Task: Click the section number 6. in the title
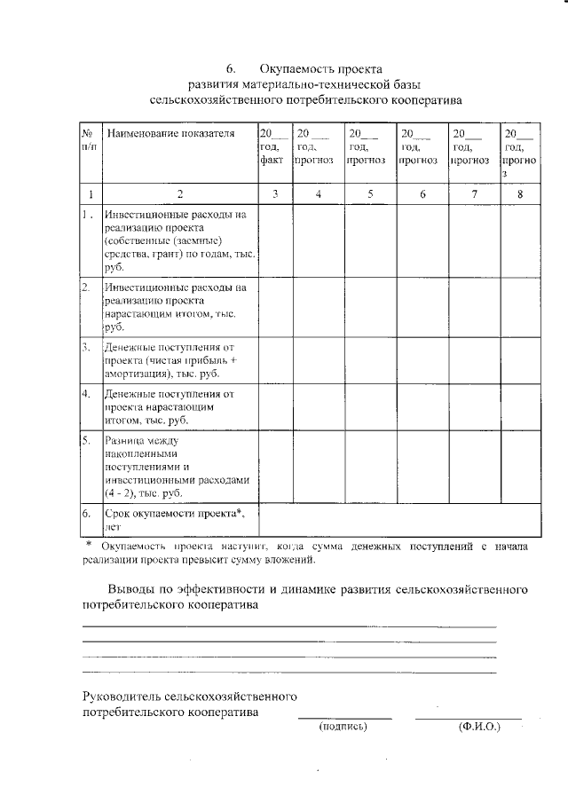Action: (x=231, y=68)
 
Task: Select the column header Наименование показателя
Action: (x=170, y=133)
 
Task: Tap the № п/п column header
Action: (x=88, y=139)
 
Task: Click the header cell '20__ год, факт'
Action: (x=271, y=147)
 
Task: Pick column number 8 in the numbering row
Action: (x=520, y=193)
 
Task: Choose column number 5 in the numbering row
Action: (x=370, y=193)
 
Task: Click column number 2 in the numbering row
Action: (x=179, y=193)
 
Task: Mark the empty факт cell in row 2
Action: (x=275, y=307)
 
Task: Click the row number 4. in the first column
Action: (x=87, y=392)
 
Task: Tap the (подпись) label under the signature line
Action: (x=343, y=726)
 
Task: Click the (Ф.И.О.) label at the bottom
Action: (x=479, y=726)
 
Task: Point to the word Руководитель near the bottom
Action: (x=124, y=696)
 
